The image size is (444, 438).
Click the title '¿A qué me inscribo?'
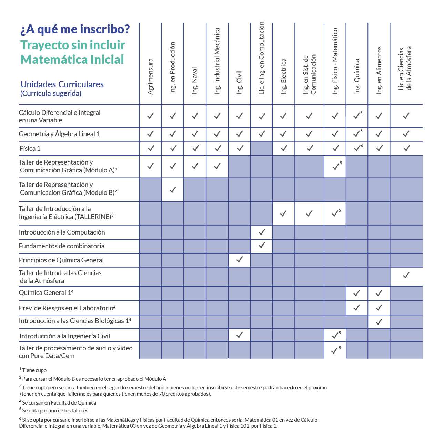pyautogui.click(x=75, y=30)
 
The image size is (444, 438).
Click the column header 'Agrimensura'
pyautogui.click(x=150, y=77)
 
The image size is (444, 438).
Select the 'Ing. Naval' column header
pyautogui.click(x=195, y=81)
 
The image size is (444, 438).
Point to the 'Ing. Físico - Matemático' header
pyautogui.click(x=335, y=61)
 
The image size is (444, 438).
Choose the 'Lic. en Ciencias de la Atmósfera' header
pyautogui.click(x=405, y=68)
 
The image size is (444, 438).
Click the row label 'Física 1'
pyautogui.click(x=30, y=149)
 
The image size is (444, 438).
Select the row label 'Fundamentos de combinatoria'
pyautogui.click(x=62, y=246)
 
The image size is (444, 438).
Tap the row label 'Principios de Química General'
pyautogui.click(x=61, y=260)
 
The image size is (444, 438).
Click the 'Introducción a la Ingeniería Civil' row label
pyautogui.click(x=65, y=336)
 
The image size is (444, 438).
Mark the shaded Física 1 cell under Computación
pyautogui.click(x=262, y=148)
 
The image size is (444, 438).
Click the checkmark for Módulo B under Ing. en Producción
pyautogui.click(x=173, y=190)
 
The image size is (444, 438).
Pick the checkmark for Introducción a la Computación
pyautogui.click(x=262, y=232)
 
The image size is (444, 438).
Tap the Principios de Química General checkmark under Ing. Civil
pyautogui.click(x=239, y=260)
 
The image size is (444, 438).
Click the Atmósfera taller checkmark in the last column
pyautogui.click(x=406, y=276)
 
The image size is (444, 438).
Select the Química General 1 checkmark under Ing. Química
pyautogui.click(x=356, y=293)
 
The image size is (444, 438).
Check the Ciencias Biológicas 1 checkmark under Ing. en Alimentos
pyautogui.click(x=379, y=322)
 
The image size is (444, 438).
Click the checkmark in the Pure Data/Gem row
pyautogui.click(x=334, y=351)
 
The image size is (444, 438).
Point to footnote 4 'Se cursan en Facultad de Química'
pyautogui.click(x=58, y=402)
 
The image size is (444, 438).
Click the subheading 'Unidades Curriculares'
pyautogui.click(x=62, y=84)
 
